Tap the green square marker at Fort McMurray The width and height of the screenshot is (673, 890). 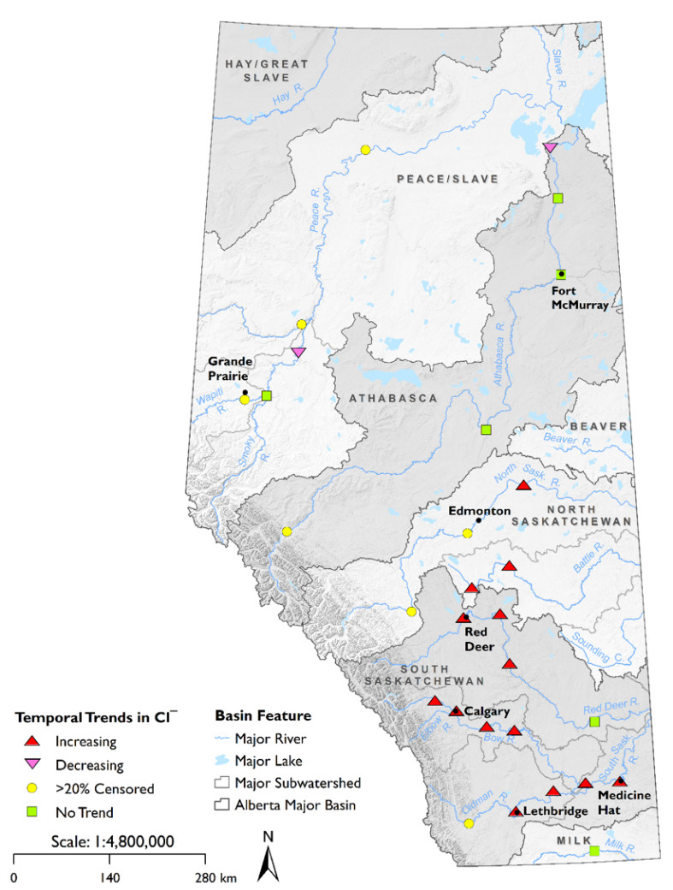pyautogui.click(x=561, y=274)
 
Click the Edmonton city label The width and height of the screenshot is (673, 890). pyautogui.click(x=479, y=510)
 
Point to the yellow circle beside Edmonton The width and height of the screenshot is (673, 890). pyautogui.click(x=467, y=533)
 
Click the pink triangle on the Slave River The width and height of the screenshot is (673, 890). pyautogui.click(x=551, y=148)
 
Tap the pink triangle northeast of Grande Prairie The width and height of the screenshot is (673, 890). pyautogui.click(x=298, y=352)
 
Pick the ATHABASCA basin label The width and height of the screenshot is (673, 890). pyautogui.click(x=392, y=398)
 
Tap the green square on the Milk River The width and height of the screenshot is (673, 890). pyautogui.click(x=594, y=850)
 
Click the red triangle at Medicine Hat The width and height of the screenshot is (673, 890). pyautogui.click(x=620, y=781)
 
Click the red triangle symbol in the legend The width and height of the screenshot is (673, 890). pyautogui.click(x=32, y=741)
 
